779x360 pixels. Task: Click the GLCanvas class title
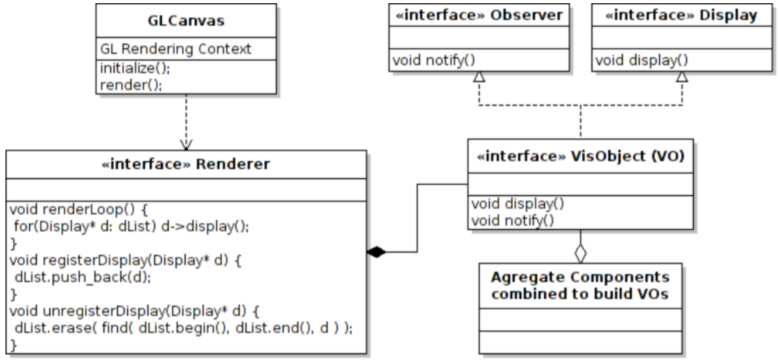[186, 20]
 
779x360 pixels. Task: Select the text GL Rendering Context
[176, 48]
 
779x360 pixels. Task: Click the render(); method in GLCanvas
[131, 84]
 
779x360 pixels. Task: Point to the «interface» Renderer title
[186, 164]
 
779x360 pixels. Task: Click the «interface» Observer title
[478, 15]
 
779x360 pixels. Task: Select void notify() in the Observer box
[428, 59]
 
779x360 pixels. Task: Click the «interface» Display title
[681, 15]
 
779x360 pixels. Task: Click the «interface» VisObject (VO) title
[580, 157]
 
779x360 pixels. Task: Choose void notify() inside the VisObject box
[513, 220]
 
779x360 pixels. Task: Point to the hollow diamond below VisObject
[580, 252]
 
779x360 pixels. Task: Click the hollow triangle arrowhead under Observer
[479, 78]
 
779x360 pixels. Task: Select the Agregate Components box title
[580, 285]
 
